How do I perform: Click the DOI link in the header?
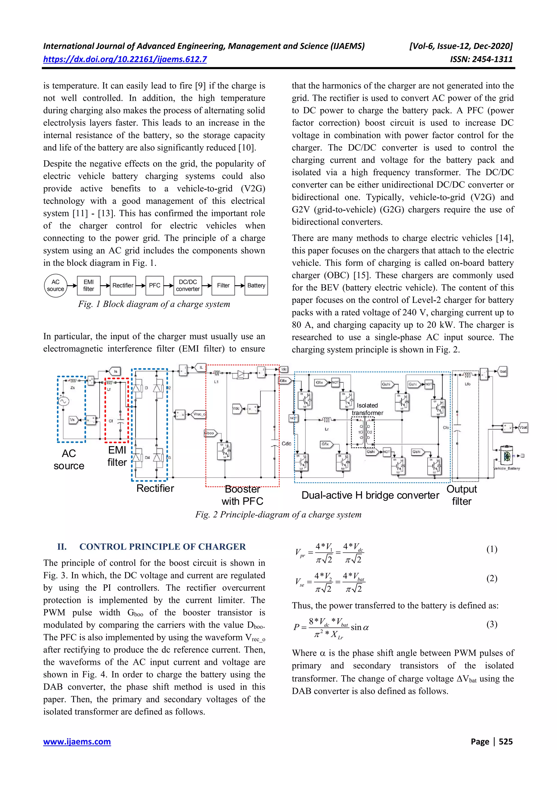point(125,59)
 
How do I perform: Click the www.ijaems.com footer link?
point(77,741)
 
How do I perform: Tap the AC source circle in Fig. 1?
point(55,286)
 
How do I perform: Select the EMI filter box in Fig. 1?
point(89,286)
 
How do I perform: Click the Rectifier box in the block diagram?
point(123,286)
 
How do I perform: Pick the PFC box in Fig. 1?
point(154,286)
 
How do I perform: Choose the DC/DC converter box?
point(188,286)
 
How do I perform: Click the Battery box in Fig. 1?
point(256,286)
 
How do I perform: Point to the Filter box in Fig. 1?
point(223,286)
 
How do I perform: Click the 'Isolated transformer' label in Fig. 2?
point(367,409)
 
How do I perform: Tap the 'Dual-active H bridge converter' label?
point(370,495)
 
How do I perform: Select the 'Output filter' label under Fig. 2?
point(462,495)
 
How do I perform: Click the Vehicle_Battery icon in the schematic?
point(507,456)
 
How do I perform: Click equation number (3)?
point(492,624)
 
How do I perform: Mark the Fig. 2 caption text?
point(278,514)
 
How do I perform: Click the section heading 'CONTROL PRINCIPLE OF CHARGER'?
point(162,547)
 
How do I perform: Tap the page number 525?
point(506,741)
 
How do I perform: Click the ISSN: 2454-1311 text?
point(481,59)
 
